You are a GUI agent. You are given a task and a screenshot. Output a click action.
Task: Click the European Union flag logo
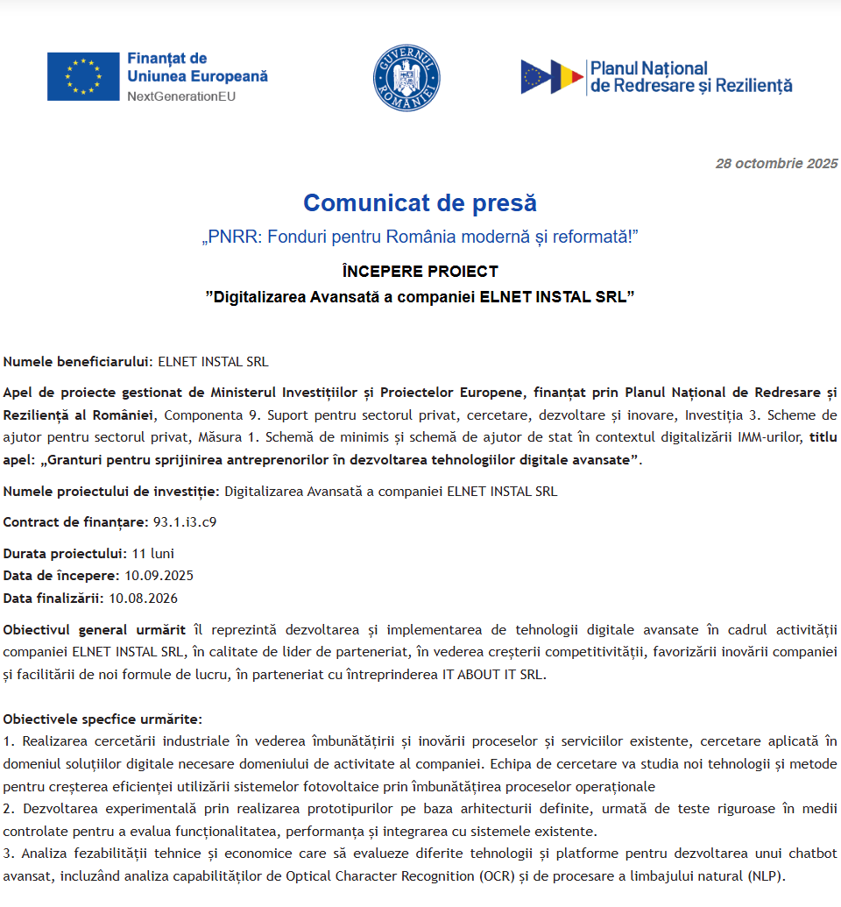point(84,76)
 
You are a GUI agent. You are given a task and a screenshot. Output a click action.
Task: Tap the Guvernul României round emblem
point(406,78)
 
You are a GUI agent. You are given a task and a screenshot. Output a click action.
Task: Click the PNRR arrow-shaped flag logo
point(552,77)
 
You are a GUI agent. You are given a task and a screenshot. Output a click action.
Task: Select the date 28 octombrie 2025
point(776,164)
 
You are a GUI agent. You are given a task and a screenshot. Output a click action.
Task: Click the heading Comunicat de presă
point(420,203)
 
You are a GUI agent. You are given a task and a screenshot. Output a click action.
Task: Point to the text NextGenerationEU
point(181,96)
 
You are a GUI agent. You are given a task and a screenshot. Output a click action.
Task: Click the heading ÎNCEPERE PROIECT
point(420,272)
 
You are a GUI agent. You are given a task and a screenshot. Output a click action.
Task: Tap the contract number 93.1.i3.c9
point(185,522)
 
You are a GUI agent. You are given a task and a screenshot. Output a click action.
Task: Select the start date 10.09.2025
point(159,576)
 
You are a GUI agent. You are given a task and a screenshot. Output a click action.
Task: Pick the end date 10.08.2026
point(143,599)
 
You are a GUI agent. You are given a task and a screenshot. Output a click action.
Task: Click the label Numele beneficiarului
point(78,361)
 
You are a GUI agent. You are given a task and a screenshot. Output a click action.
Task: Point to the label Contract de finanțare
point(75,522)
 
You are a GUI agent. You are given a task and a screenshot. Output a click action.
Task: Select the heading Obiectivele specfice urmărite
point(102,719)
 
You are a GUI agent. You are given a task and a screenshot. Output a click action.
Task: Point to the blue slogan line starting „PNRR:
point(420,237)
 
